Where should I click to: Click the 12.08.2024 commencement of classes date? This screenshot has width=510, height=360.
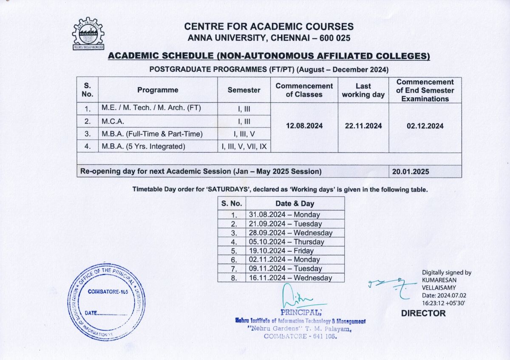tap(304, 126)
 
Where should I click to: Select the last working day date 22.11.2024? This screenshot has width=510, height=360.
tap(363, 126)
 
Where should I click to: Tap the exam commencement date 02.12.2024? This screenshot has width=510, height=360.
tap(425, 126)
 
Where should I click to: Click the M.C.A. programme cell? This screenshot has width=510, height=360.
tap(113, 121)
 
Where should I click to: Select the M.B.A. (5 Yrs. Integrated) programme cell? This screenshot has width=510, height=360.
tap(143, 147)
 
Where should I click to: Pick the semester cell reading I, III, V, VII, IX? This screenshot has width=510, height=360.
tap(244, 147)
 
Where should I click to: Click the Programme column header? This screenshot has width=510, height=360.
tap(158, 90)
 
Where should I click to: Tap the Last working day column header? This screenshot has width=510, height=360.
tap(363, 90)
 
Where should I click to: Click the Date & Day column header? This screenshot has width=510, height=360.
tap(295, 204)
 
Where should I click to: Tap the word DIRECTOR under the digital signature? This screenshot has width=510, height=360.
tap(423, 314)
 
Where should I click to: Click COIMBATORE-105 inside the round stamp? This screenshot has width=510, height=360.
tap(107, 292)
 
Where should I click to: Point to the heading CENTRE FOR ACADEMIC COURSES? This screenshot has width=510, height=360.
tap(269, 27)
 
